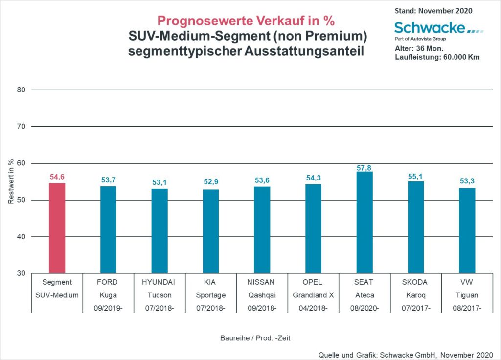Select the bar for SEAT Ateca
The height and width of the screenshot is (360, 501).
click(x=364, y=222)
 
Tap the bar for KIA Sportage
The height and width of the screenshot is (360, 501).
click(x=211, y=231)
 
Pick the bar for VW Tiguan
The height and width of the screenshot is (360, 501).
click(x=467, y=230)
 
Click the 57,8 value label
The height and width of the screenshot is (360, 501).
click(x=364, y=168)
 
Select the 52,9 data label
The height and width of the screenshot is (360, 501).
click(x=211, y=182)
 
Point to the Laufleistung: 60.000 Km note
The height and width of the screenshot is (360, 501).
click(x=436, y=57)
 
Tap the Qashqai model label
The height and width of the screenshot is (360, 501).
click(x=262, y=295)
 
